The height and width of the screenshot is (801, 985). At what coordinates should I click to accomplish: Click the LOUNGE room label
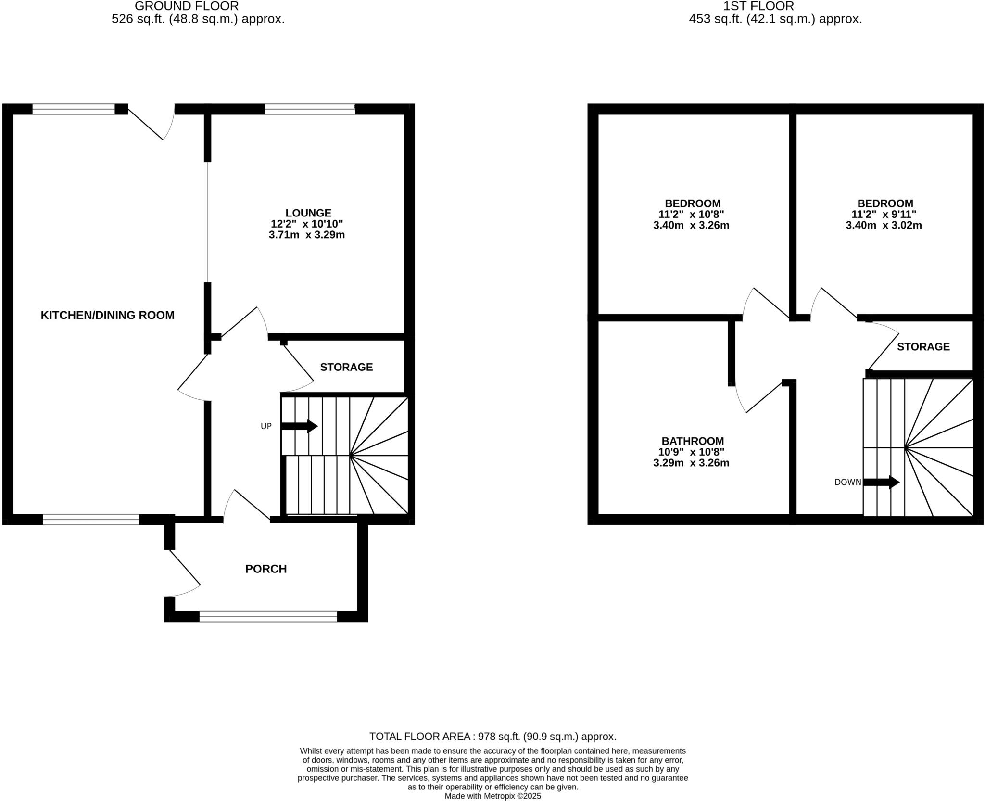308,213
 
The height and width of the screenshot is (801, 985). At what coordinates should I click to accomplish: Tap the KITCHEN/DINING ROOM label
107,315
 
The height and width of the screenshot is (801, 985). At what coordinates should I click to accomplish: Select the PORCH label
265,569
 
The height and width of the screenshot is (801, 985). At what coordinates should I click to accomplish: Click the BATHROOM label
693,441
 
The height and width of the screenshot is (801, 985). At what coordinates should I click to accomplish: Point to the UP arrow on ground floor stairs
299,426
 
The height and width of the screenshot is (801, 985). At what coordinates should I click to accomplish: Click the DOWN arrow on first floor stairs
881,482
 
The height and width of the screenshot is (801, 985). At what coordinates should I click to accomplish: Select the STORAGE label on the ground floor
346,367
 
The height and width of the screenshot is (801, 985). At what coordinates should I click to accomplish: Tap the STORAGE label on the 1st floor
923,346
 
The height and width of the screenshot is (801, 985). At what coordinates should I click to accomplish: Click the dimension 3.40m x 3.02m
884,225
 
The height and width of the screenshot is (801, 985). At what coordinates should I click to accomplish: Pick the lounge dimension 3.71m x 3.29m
307,235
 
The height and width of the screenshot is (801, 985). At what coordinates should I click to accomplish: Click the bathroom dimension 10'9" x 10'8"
691,452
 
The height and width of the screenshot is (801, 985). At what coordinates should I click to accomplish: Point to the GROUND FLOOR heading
187,6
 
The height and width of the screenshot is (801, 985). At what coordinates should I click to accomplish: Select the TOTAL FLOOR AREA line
492,736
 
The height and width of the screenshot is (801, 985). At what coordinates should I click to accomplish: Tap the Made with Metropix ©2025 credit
492,796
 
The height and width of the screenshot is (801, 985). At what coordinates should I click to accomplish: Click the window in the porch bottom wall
268,616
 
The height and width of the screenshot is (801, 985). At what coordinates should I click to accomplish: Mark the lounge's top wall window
310,109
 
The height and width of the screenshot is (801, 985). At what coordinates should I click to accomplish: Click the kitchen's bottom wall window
91,519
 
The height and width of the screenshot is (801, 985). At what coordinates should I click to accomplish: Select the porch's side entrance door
184,572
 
